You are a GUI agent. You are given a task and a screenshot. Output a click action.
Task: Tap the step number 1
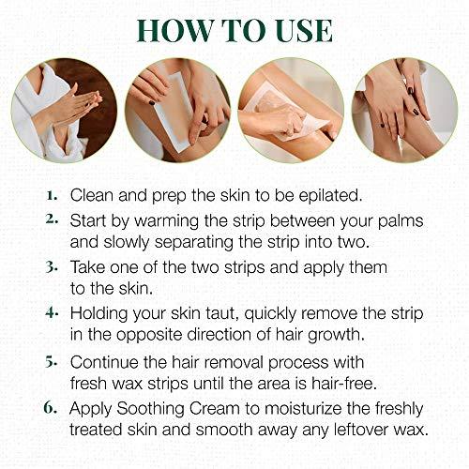coord(53,196)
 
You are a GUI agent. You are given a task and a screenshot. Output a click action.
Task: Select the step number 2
coord(53,221)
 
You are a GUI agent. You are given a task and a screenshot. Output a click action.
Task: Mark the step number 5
coord(53,362)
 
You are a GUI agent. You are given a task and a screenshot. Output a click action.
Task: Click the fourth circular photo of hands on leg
coord(405,111)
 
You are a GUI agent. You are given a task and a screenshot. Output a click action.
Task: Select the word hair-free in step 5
coord(340,384)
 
